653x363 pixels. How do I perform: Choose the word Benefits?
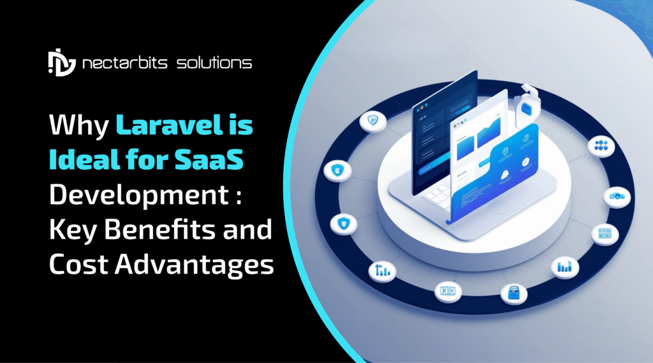pyautogui.click(x=163, y=230)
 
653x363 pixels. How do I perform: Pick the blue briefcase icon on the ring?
pyautogui.click(x=513, y=292)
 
